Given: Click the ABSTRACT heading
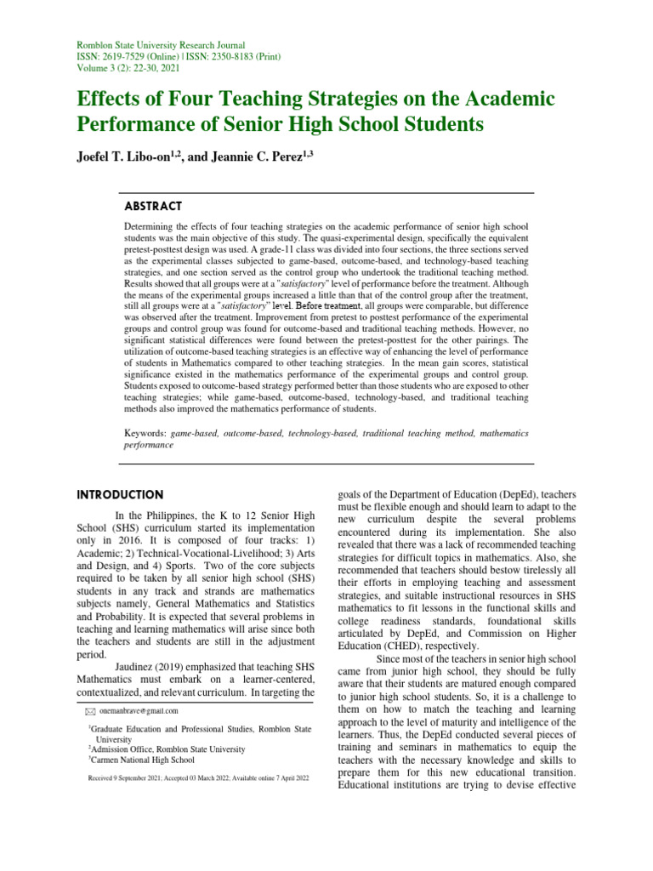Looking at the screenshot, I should coord(152,206).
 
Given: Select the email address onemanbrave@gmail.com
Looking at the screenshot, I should coord(139,710).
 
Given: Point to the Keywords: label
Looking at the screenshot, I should coord(146,433).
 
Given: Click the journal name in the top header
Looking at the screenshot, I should coord(149,44).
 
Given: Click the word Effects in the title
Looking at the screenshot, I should coord(114,99).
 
